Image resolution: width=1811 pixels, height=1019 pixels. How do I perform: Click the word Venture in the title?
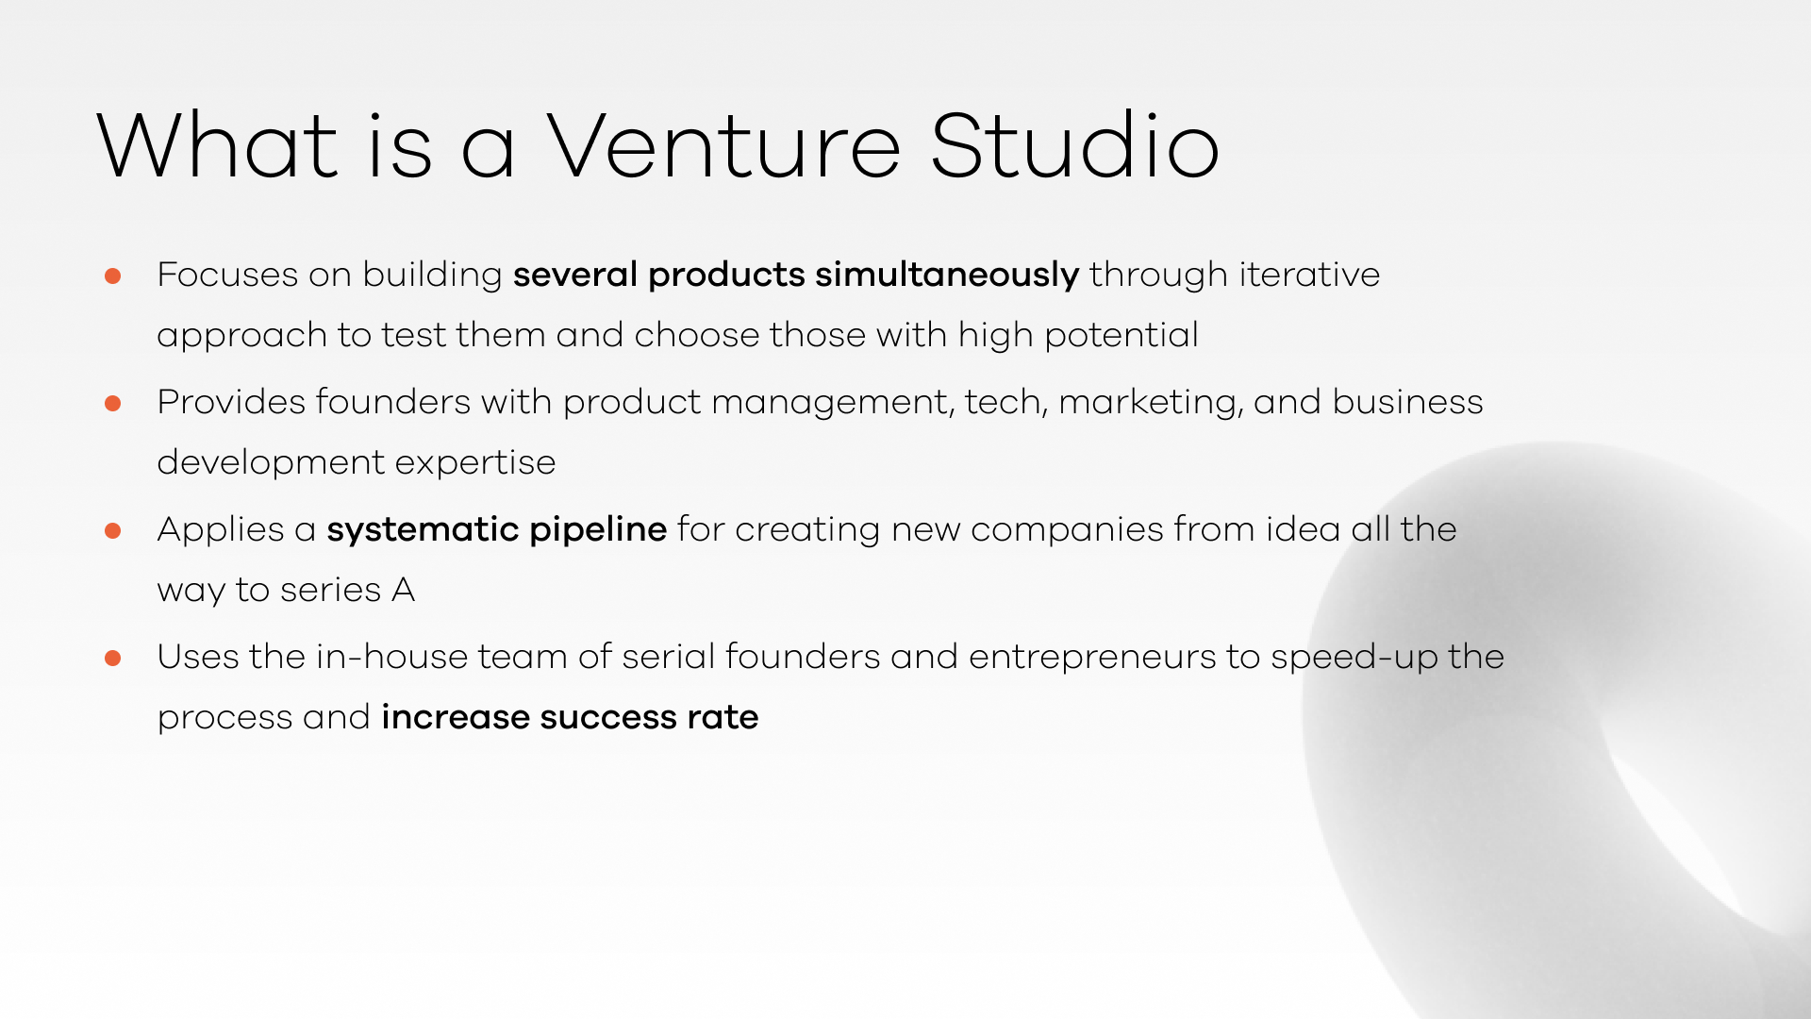723,145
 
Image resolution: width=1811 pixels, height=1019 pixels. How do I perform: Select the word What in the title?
217,145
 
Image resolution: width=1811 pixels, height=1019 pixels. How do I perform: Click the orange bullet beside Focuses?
113,276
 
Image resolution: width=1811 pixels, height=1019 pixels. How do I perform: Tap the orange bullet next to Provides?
113,403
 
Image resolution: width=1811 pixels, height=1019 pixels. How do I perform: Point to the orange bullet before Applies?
113,530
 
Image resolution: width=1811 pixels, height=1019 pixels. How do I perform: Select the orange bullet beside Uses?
113,658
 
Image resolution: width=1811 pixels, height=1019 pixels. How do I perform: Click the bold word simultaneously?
947,276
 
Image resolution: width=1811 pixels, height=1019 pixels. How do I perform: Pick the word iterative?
1309,275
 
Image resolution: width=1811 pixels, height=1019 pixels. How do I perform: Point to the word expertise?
475,464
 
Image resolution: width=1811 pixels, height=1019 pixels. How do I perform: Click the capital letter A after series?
403,590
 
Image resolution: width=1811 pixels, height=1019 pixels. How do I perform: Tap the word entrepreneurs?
1092,659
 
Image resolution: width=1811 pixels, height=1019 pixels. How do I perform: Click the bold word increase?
456,718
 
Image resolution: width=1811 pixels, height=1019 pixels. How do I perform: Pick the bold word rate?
723,718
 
